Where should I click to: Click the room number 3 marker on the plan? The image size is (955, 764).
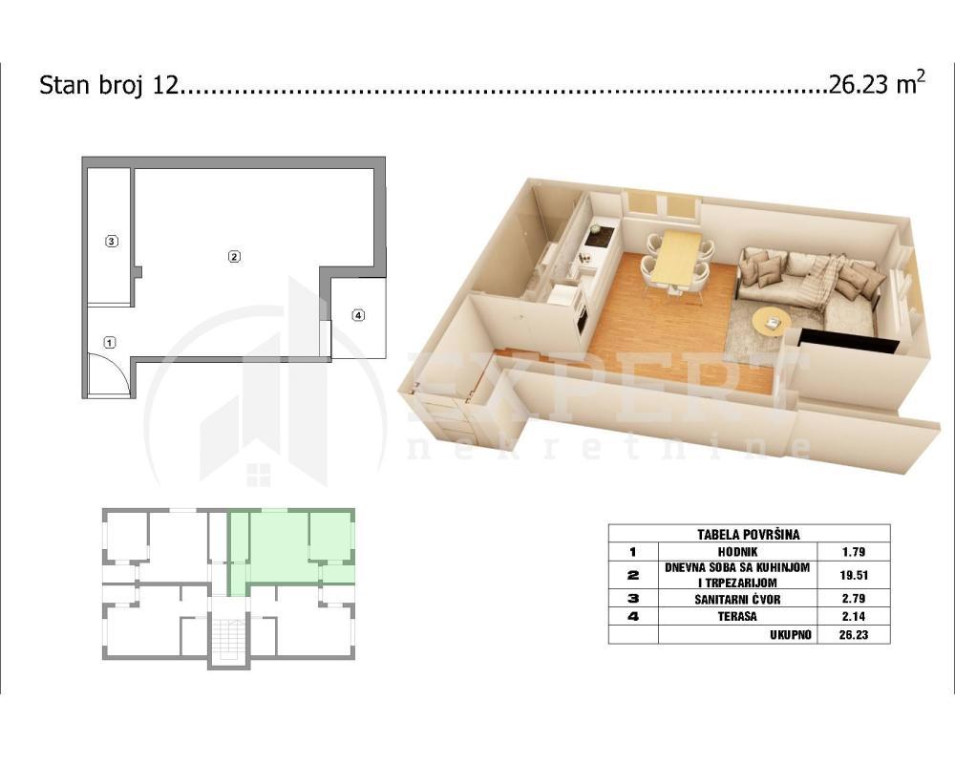[112, 241]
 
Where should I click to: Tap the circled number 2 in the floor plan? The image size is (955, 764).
[233, 256]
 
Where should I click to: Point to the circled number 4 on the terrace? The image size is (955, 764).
[358, 316]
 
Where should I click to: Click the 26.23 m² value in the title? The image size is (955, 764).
[877, 85]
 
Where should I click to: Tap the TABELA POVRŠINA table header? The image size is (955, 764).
[749, 534]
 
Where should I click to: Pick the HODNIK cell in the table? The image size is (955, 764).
[737, 552]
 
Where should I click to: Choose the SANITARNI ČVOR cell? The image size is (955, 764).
[737, 599]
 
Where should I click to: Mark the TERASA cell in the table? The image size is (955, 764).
[737, 617]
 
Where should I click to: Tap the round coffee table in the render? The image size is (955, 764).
[771, 321]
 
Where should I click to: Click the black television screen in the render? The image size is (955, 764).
[848, 341]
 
